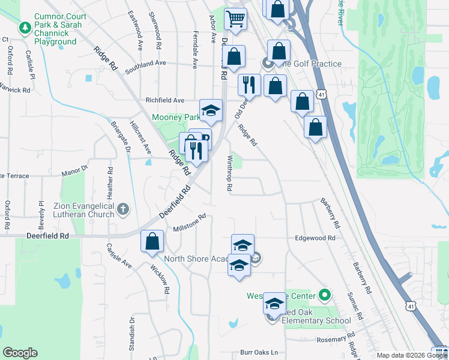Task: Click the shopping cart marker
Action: [236, 18]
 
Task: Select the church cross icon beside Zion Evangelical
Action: [123, 209]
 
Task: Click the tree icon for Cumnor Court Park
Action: [25, 28]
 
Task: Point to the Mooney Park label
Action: [175, 117]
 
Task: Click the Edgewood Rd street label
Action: [315, 238]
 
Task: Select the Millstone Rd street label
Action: [189, 223]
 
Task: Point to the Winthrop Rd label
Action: [229, 173]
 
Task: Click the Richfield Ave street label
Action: [164, 101]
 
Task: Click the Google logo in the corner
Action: [20, 353]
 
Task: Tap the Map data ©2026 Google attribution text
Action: [412, 355]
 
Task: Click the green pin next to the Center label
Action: [325, 295]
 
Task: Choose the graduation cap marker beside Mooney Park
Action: [211, 110]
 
